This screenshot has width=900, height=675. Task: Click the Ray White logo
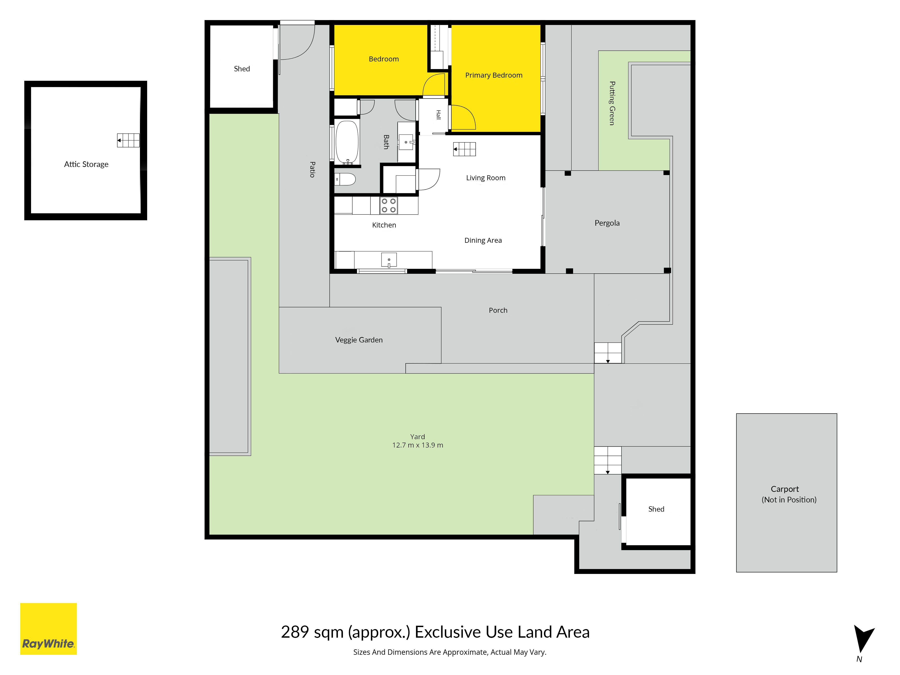click(x=48, y=629)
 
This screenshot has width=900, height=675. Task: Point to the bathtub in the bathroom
click(x=347, y=142)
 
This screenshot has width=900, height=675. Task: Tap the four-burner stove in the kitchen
click(x=389, y=205)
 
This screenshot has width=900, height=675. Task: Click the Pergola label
click(x=607, y=223)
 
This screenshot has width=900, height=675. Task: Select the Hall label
click(x=439, y=115)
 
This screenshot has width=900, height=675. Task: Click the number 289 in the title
click(x=295, y=632)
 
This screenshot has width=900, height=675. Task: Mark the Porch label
click(x=498, y=310)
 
